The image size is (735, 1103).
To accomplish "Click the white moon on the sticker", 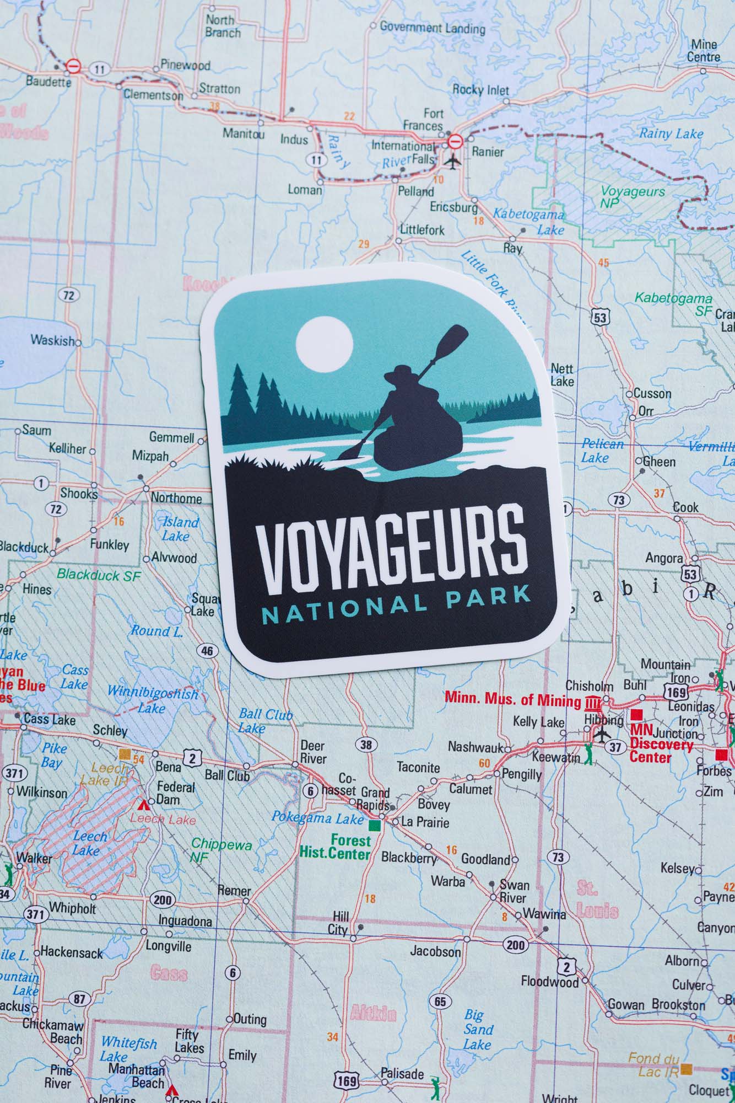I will click(323, 344).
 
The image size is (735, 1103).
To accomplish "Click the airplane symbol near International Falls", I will click(453, 162).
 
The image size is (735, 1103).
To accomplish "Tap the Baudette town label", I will click(48, 82).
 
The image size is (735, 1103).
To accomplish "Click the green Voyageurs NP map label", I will click(631, 196).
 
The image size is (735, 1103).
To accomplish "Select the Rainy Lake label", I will click(671, 133).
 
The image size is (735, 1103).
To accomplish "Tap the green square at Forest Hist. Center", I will click(375, 825).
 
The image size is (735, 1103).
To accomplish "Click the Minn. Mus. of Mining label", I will click(512, 699).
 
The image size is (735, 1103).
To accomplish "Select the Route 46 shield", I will click(207, 651).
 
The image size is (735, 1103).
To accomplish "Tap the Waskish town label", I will click(52, 340).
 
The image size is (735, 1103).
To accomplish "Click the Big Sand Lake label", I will click(477, 1029).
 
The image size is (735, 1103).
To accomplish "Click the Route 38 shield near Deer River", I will click(366, 745).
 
